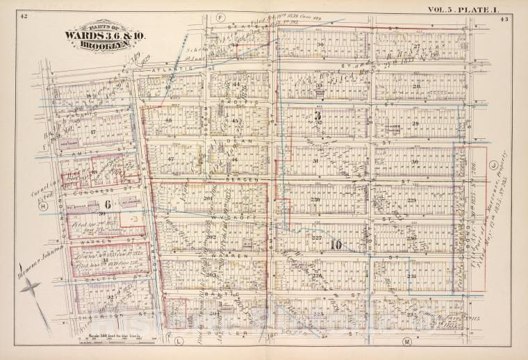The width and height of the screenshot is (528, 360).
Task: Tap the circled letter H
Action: click(42, 206)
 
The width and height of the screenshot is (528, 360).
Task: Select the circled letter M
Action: click(406, 341)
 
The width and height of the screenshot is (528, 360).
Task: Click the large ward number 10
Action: click(336, 245)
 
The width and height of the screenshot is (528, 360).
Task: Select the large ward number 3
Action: click(316, 117)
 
